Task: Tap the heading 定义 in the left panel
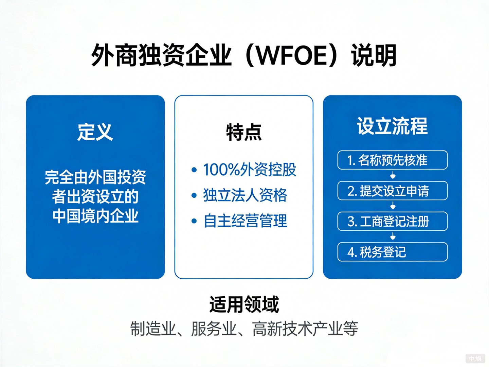point(95,132)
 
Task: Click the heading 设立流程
point(392,126)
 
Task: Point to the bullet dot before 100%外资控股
point(194,170)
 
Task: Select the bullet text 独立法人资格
point(245,195)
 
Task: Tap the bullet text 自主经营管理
point(245,221)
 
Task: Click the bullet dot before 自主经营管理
point(194,221)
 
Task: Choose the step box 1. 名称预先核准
point(392,160)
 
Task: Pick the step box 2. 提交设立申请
point(392,191)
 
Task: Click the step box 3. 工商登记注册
point(392,221)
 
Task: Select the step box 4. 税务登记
point(392,252)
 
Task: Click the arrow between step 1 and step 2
point(393,175)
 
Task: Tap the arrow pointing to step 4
point(393,237)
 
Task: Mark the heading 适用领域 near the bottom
point(244,304)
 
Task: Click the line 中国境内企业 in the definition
point(95,216)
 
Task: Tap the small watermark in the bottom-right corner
point(475,359)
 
